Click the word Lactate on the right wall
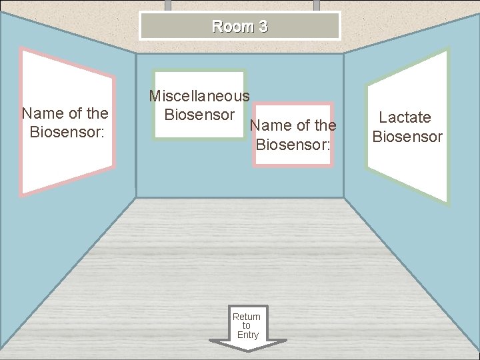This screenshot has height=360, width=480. [x=405, y=118]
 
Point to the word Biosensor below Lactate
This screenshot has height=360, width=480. [x=407, y=137]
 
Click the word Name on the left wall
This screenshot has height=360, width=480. [x=41, y=113]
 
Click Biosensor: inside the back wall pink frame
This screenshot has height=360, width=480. [x=293, y=143]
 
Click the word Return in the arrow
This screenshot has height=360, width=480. [x=247, y=317]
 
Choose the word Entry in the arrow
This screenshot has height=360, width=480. [x=247, y=335]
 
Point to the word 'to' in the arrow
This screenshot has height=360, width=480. [x=247, y=325]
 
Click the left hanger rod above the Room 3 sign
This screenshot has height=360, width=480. [x=168, y=5]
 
